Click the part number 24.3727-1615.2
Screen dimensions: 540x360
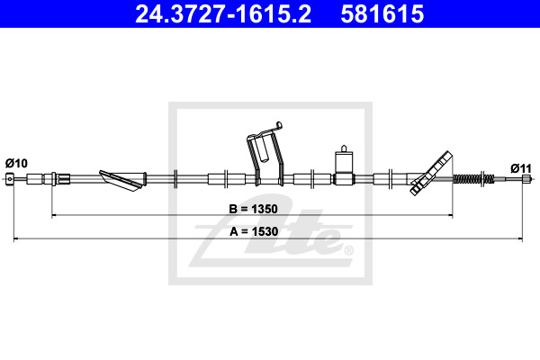click(x=223, y=14)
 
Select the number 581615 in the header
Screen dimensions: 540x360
click(x=382, y=14)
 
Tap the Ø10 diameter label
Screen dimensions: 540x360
click(x=16, y=163)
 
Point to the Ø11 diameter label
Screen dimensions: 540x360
click(x=521, y=168)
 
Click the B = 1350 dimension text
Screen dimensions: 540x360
click(x=253, y=209)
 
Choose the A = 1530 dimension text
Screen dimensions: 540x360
click(x=254, y=231)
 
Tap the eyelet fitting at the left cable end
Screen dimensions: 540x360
click(x=11, y=179)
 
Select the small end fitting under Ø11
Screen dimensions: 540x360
click(x=526, y=178)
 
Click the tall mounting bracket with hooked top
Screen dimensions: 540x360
click(x=265, y=155)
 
